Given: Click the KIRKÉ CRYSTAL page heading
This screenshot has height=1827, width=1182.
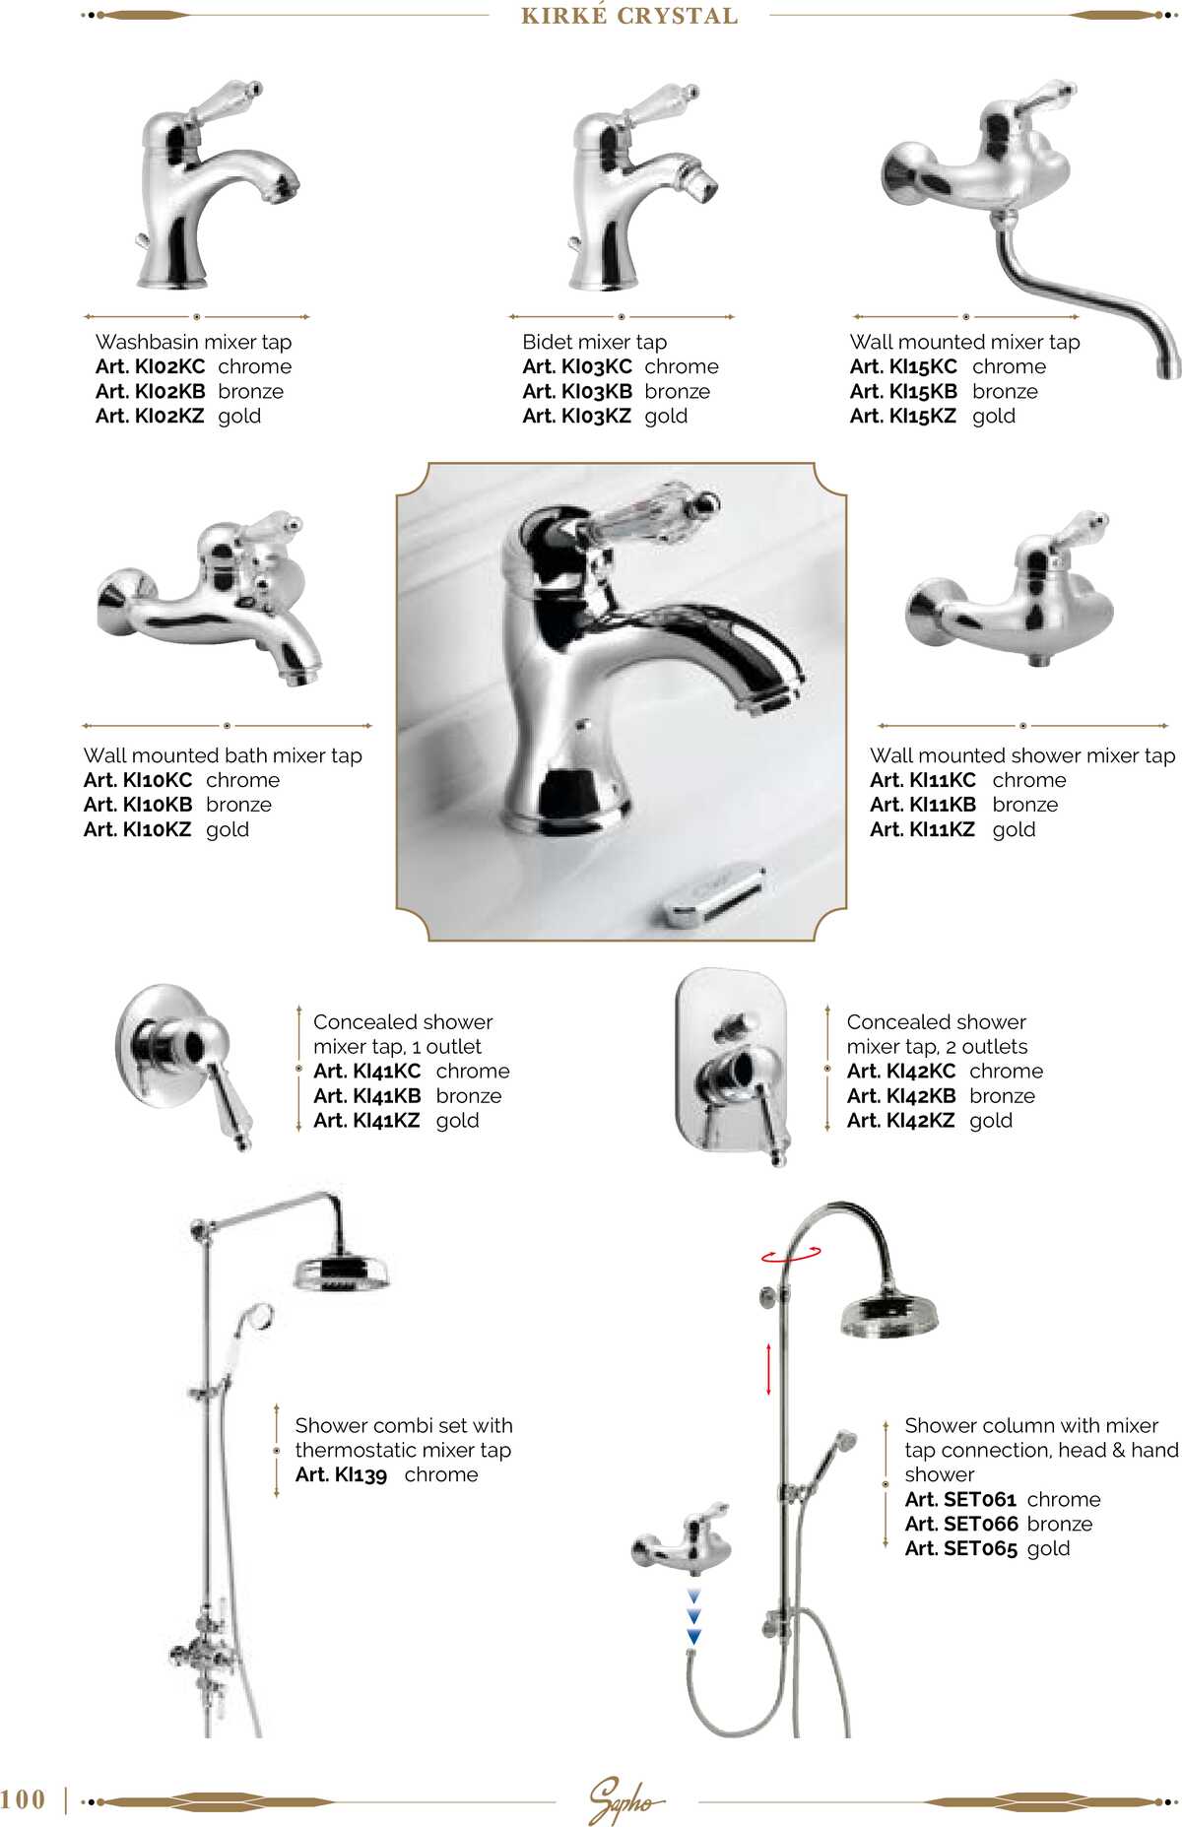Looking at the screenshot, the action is tap(629, 16).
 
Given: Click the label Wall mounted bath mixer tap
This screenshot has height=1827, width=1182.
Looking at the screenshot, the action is tap(223, 755).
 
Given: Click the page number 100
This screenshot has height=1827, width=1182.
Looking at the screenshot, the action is tap(24, 1799).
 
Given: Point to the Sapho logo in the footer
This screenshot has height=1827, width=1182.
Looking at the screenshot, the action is tap(624, 1798).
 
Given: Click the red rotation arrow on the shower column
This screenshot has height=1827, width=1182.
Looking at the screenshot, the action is tap(790, 1255).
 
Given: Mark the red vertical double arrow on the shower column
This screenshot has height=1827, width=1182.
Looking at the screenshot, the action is tap(768, 1367).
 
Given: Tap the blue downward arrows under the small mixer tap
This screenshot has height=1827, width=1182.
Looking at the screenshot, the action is tap(693, 1616).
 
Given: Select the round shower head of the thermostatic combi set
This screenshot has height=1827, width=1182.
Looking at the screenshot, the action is tap(341, 1272).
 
